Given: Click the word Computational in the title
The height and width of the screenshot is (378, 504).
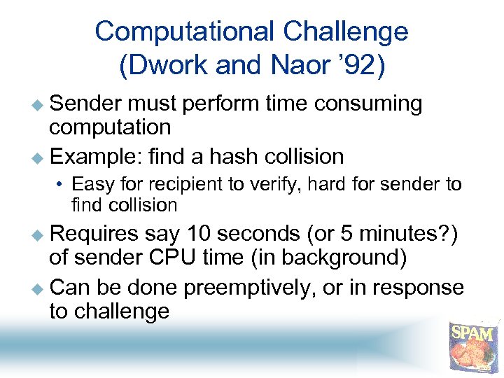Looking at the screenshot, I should [185, 31].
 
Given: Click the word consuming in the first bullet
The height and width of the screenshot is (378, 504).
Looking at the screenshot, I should [368, 104].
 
